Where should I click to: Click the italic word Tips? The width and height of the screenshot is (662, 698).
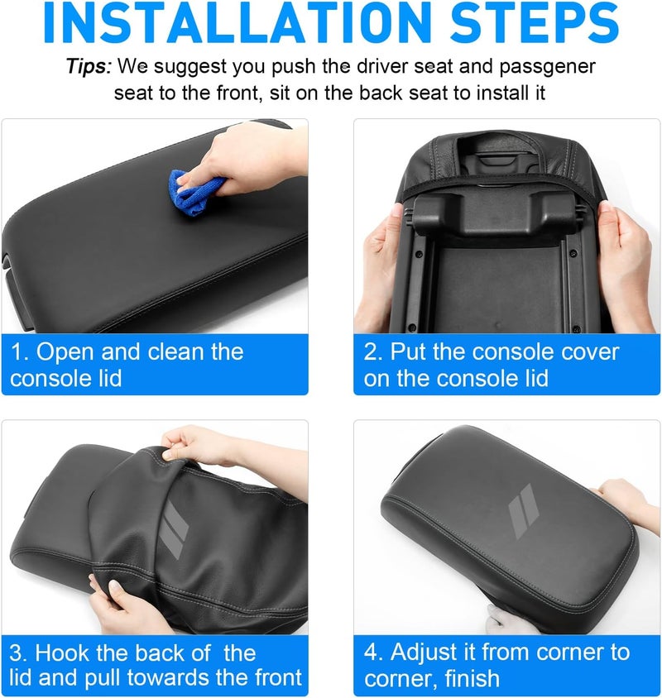click(89, 67)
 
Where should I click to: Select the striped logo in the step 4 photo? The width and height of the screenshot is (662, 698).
click(524, 511)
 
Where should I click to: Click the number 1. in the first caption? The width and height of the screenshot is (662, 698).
click(20, 351)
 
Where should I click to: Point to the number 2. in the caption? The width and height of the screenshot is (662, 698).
click(373, 351)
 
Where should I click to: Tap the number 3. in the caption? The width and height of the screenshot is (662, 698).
click(19, 653)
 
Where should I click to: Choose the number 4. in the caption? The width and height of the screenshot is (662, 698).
click(374, 653)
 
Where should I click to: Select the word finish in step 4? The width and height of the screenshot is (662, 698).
click(472, 678)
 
